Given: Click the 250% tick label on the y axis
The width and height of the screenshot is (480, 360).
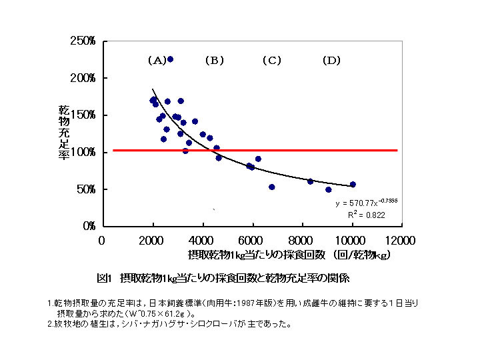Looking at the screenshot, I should click(x=84, y=41).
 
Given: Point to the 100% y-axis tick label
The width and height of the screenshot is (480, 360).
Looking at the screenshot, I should click(x=84, y=153).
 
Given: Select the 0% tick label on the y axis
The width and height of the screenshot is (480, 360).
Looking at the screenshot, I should click(x=89, y=227).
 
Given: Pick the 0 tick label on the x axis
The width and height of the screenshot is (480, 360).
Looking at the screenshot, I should click(x=102, y=240).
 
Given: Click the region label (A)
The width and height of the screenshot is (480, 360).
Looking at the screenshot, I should click(x=157, y=61).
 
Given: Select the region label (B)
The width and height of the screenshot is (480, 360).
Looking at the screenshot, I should click(x=214, y=61).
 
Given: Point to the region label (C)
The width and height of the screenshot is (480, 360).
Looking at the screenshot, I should click(x=272, y=61).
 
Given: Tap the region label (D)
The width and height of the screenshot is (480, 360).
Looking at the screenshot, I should click(x=331, y=61).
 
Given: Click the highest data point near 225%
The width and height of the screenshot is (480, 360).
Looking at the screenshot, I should click(x=170, y=59).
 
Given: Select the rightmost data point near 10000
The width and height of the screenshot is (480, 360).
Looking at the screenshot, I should click(x=353, y=185).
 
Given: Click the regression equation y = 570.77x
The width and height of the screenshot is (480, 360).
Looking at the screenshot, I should click(x=366, y=202).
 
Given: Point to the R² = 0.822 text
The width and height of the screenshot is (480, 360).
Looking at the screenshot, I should click(x=366, y=215).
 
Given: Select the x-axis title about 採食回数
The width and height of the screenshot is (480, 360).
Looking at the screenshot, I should click(x=289, y=255).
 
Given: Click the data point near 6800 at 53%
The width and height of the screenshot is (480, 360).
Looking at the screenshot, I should click(x=271, y=187).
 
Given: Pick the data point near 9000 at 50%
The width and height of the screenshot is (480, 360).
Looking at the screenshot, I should click(x=328, y=189).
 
